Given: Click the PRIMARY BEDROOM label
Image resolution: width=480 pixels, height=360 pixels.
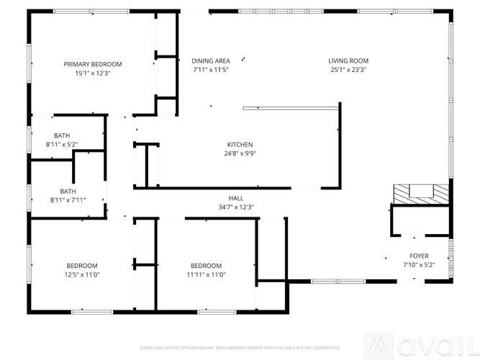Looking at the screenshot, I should [92, 64].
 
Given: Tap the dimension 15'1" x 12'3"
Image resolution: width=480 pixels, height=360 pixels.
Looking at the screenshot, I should [92, 73].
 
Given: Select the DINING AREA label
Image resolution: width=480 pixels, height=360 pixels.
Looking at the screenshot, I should [211, 60].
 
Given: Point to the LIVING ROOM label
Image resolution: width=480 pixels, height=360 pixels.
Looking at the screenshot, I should [348, 60].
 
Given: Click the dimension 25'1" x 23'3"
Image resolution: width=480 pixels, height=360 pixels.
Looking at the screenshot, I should [348, 70].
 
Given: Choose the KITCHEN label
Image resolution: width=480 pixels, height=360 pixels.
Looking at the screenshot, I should [240, 144].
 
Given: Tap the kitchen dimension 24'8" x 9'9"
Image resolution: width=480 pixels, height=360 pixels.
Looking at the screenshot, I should [240, 153].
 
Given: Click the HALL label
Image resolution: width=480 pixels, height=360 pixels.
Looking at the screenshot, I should [236, 198].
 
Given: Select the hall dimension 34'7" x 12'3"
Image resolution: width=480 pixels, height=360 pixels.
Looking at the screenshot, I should [236, 207].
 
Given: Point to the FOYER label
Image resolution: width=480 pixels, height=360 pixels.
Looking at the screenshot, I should [419, 256].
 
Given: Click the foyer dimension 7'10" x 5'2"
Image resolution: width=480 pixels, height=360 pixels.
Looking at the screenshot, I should [419, 264].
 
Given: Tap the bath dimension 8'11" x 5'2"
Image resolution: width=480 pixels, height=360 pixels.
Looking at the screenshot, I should [61, 145].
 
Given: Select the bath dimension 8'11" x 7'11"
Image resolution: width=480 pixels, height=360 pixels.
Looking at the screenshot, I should [68, 199].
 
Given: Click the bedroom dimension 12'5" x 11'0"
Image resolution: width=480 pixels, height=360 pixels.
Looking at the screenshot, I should [82, 274].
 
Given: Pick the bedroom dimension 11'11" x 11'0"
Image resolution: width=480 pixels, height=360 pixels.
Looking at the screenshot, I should [206, 274].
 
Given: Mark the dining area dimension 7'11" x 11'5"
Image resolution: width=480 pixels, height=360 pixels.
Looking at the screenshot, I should [211, 70].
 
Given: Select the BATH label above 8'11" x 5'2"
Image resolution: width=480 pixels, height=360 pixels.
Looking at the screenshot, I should [61, 135].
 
